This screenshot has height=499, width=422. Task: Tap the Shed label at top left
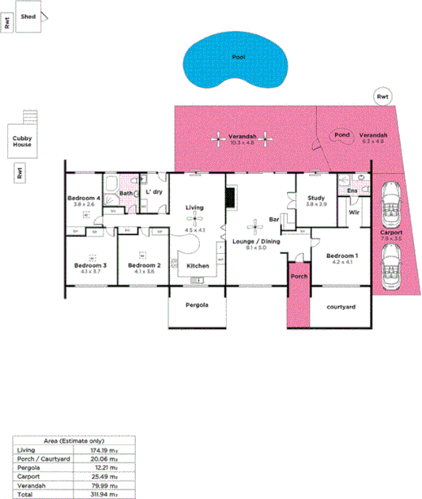coord(28,16)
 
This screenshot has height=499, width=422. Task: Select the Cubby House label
coord(22,141)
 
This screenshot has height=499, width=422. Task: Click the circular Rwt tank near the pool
coord(382,96)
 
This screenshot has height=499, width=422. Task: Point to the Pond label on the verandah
coord(342,135)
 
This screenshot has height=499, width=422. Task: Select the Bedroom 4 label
coord(83,197)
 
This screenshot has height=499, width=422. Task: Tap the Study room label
coord(316,198)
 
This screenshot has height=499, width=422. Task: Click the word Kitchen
coord(198,265)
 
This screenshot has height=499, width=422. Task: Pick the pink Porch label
coord(299,277)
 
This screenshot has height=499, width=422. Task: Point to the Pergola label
coord(197,305)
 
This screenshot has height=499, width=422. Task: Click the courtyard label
coord(341,306)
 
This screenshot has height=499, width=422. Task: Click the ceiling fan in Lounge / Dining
coord(254,224)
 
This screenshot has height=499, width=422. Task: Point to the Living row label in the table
coord(26,450)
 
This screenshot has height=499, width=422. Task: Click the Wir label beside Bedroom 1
coord(354,212)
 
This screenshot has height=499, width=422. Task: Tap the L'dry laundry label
coord(154,191)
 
